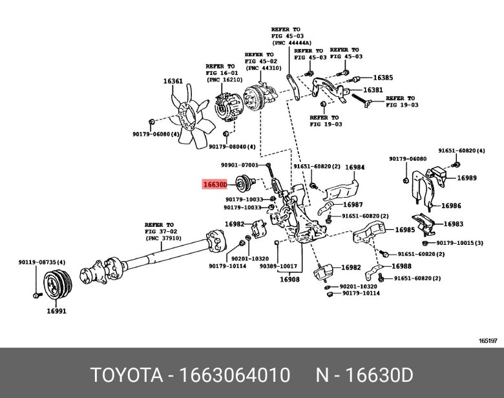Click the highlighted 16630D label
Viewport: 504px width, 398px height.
[x=215, y=184]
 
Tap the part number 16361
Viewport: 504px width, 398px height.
[x=173, y=81]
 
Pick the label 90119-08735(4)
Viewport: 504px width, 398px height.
[x=41, y=262]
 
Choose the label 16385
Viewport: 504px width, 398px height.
[x=383, y=77]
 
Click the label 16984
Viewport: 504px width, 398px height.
[x=354, y=167]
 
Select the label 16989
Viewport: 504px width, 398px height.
[x=467, y=177]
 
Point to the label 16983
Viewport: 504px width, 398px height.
[x=453, y=224]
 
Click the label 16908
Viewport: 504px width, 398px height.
[x=289, y=280]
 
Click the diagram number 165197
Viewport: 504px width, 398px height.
[x=487, y=340]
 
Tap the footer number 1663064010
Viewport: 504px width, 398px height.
[x=236, y=376]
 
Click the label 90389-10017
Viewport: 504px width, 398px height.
[x=278, y=266]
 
